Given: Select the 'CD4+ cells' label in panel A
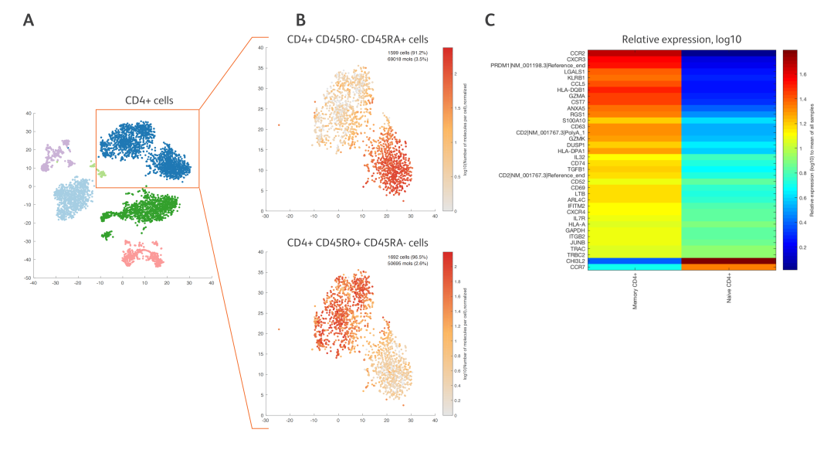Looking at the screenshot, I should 149,101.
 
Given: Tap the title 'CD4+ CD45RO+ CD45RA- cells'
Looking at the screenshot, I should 358,243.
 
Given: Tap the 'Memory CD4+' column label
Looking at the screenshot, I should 635,294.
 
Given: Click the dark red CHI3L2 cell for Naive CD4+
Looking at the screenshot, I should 729,261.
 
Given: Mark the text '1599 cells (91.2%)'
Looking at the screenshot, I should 409,52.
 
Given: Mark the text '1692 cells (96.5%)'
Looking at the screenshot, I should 409,256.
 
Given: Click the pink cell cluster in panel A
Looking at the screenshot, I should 142,252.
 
